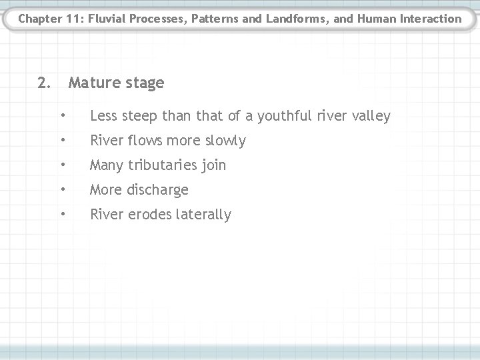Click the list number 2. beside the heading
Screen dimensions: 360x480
pyautogui.click(x=44, y=83)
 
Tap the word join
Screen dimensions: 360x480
pyautogui.click(x=213, y=165)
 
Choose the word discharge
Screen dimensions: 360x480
pyautogui.click(x=157, y=190)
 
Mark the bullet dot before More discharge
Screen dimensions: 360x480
pyautogui.click(x=62, y=189)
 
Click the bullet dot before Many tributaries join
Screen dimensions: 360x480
pyautogui.click(x=62, y=165)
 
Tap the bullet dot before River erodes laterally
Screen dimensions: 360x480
pyautogui.click(x=62, y=214)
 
